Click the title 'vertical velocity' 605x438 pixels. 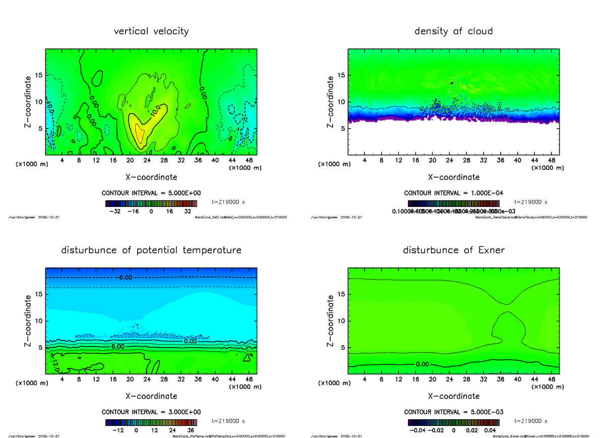click(151, 31)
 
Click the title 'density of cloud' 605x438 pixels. click(453, 31)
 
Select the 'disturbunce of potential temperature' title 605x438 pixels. click(151, 250)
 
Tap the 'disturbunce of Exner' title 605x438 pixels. click(453, 250)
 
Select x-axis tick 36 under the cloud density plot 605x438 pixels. click(501, 161)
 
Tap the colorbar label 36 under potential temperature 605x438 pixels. click(191, 430)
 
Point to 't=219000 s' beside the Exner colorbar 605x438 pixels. click(531, 421)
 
